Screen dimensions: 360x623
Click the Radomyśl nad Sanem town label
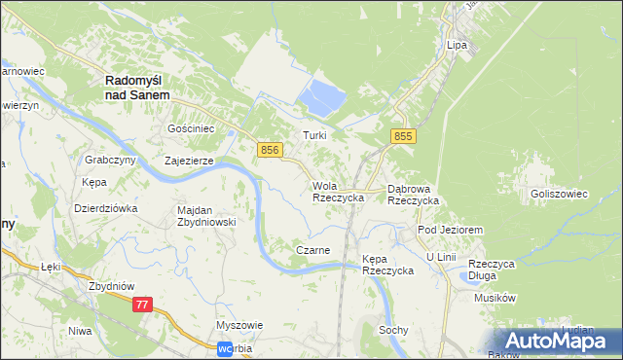click(137, 88)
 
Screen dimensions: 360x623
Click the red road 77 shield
click(143, 305)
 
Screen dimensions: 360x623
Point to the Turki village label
click(313, 135)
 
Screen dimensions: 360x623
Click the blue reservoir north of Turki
click(324, 96)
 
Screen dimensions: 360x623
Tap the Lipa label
click(457, 45)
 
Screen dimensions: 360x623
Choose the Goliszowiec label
click(559, 194)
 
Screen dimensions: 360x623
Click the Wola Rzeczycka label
click(338, 191)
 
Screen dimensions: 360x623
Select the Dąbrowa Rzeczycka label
click(414, 194)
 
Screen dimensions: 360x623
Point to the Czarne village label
click(312, 250)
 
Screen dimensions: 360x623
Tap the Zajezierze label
click(188, 162)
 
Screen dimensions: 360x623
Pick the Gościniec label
click(191, 128)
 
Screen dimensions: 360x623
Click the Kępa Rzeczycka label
click(387, 265)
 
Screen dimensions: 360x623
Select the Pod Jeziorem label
click(450, 229)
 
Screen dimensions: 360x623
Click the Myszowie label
click(239, 326)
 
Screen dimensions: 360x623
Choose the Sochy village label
click(393, 331)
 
